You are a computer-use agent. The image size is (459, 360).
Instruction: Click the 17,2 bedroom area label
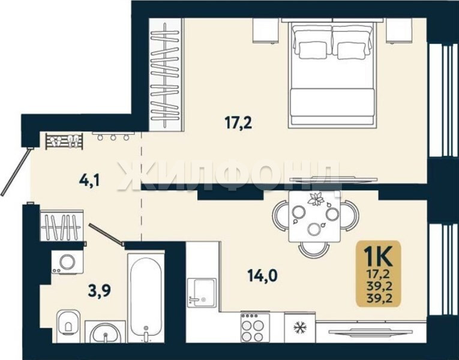click(x=239, y=124)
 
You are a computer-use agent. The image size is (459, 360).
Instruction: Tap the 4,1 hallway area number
click(x=89, y=180)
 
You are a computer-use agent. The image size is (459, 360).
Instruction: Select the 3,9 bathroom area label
click(x=100, y=290)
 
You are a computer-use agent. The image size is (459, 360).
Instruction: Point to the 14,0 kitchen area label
click(x=262, y=275)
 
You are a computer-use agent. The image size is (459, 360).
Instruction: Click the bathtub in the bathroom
click(x=146, y=298)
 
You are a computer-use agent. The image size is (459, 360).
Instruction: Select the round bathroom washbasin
click(x=106, y=333)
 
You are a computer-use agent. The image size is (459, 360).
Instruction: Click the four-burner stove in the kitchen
click(x=255, y=327)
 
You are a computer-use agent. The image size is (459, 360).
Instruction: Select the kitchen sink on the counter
click(x=202, y=293)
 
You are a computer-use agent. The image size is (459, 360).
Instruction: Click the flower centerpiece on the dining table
click(x=316, y=200)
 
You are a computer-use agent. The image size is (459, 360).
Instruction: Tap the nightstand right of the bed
click(x=398, y=31)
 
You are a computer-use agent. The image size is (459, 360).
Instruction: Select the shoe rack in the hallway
click(x=64, y=141)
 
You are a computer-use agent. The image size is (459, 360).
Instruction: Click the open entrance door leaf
click(x=15, y=172)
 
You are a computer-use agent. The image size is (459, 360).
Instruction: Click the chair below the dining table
click(x=314, y=250)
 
